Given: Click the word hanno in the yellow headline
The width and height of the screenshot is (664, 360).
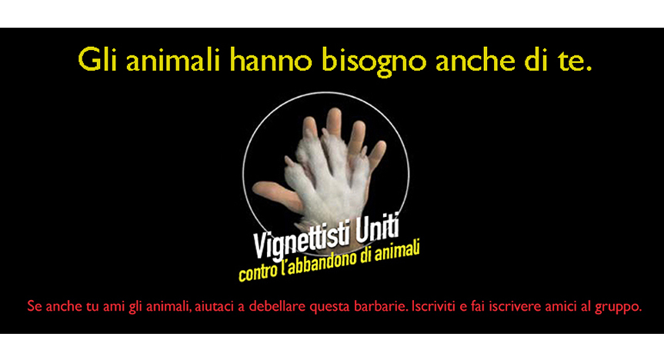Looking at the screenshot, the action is [271, 60].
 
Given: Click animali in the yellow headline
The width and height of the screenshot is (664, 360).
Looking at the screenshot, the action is [173, 60].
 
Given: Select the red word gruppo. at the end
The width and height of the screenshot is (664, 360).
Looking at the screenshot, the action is [619, 307].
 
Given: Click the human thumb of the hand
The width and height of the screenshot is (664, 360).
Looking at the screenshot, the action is [275, 194].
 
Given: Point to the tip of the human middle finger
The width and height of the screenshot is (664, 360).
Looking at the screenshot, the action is [334, 111].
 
